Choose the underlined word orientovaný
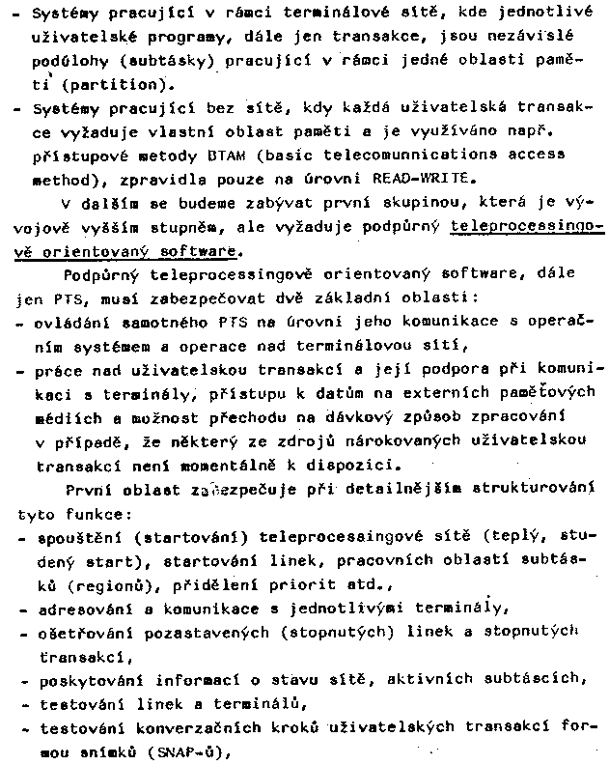(111, 251)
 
